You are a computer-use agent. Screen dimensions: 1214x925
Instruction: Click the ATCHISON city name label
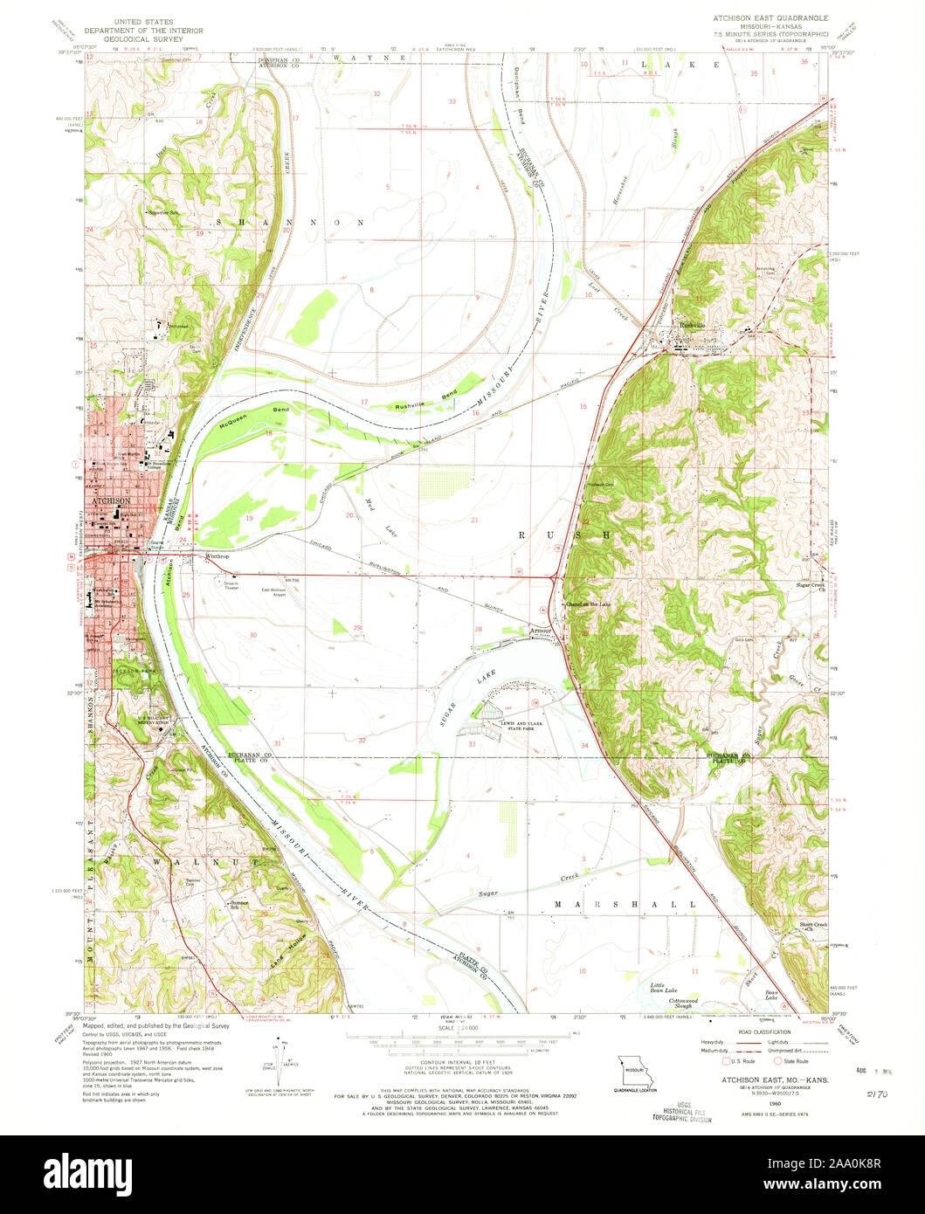[x=107, y=501]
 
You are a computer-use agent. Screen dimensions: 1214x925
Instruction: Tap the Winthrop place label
[x=216, y=555]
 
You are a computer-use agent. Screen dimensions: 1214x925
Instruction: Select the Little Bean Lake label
[x=664, y=988]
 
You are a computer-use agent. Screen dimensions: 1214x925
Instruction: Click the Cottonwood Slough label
[x=679, y=1003]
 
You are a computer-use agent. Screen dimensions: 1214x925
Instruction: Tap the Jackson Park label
[x=127, y=670]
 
